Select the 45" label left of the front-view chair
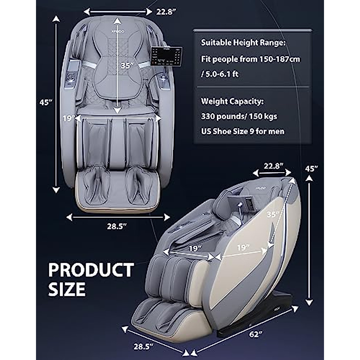coord(46,102)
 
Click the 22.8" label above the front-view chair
coord(166,12)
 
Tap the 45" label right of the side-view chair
coord(311,169)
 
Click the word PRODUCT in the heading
coord(91,270)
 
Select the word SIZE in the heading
coord(67,289)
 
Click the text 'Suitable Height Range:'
coord(243,43)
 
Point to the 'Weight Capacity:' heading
coord(232,101)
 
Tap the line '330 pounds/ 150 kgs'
coord(239,116)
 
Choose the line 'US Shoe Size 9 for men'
coord(242,131)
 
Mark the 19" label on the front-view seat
coord(68,118)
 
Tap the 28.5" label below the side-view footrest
coord(143,346)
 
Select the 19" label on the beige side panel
coord(243,247)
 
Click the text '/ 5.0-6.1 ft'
coord(220,74)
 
